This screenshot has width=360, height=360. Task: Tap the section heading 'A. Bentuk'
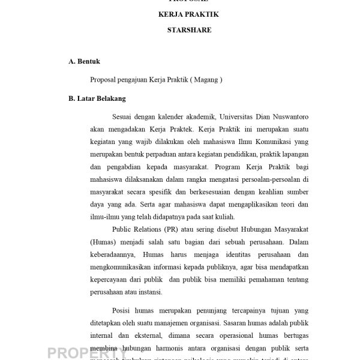84,61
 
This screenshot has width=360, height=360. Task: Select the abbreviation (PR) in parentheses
184,231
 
